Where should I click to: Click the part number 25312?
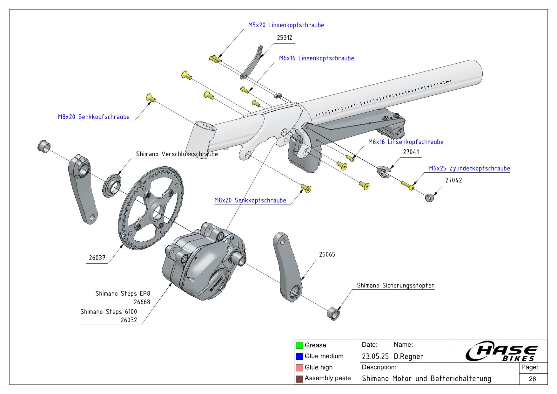tap(284, 38)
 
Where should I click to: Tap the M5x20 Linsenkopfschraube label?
tap(286, 25)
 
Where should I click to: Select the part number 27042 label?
tap(453, 180)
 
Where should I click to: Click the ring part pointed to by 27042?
tap(429, 198)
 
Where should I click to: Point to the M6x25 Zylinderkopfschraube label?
tap(469, 169)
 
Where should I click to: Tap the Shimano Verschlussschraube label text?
tap(177, 154)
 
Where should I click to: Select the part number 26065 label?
tap(327, 254)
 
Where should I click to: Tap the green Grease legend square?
tap(299, 345)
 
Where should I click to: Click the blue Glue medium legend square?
tap(299, 356)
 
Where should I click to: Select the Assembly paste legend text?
tap(328, 378)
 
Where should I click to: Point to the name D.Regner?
tap(408, 356)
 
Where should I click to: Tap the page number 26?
tap(533, 379)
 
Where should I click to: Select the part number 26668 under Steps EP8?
tap(142, 302)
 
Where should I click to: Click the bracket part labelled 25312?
tap(252, 64)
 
